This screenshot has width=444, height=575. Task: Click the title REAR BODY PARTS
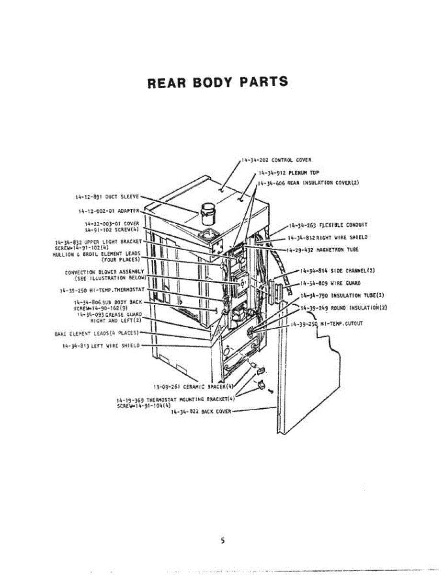tap(218, 82)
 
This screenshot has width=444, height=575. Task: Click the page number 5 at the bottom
tap(222, 541)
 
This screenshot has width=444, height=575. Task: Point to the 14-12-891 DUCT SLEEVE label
tap(107, 196)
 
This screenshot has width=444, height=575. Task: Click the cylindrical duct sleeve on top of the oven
tap(207, 212)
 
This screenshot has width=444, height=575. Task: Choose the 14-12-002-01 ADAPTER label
tap(109, 211)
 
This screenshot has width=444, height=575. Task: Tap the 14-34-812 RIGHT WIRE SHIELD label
tap(328, 237)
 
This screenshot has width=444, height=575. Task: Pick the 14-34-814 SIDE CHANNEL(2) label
tap(337, 271)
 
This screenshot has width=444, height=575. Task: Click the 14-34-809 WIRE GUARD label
tap(330, 283)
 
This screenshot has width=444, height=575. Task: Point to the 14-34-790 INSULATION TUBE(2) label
tap(342, 295)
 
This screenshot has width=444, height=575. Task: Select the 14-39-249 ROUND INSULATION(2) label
tap(344, 308)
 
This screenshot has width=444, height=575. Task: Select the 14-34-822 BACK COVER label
tap(201, 411)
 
